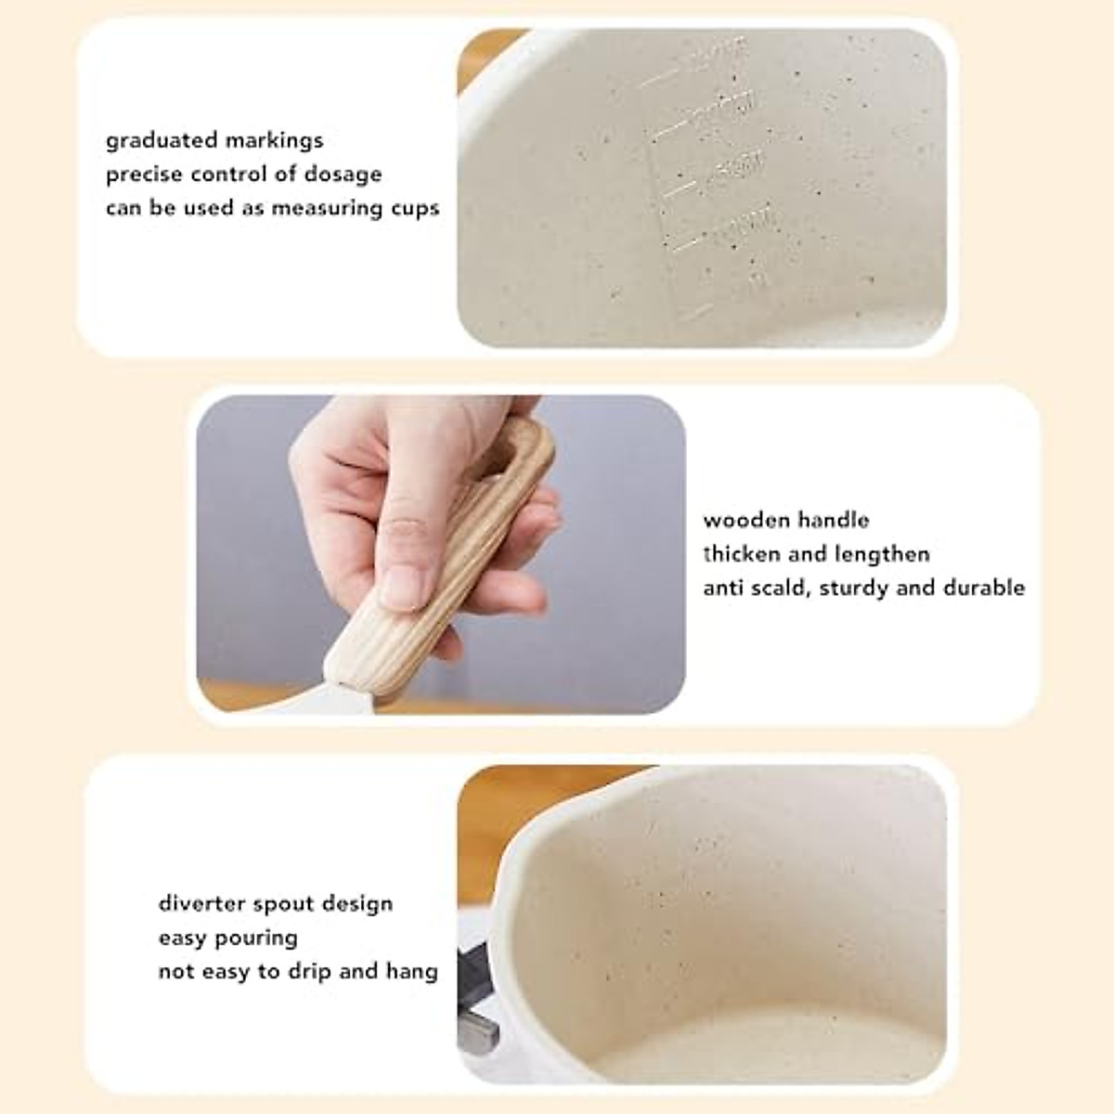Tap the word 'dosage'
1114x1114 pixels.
(345, 175)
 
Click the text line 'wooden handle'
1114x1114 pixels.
(785, 520)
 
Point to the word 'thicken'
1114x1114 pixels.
(740, 554)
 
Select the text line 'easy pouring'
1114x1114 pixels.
(227, 938)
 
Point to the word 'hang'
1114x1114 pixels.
(413, 971)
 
